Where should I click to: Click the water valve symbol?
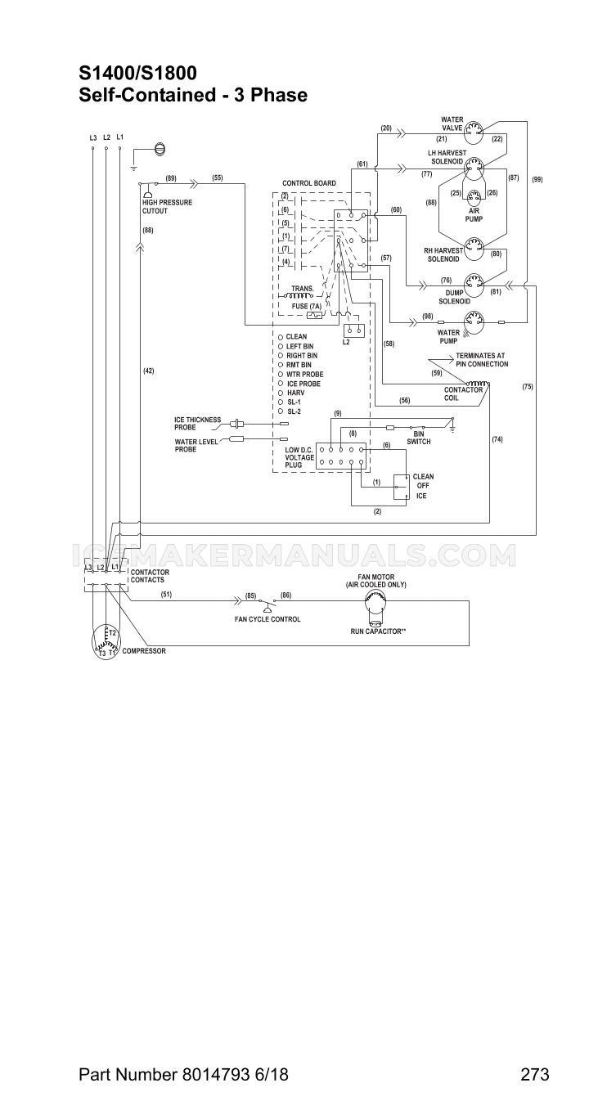473,133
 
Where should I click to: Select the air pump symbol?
474,200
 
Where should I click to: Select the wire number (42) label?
148,371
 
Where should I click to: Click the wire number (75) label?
528,387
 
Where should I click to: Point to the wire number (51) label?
166,595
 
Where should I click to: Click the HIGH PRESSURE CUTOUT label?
168,207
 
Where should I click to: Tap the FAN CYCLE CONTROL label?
268,619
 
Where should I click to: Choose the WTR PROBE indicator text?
305,374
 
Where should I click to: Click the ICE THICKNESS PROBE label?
197,424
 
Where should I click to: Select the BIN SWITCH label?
419,438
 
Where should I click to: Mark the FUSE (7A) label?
306,306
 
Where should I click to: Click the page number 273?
535,1072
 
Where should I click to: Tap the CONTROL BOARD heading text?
309,183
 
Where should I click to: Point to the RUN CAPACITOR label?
378,631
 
